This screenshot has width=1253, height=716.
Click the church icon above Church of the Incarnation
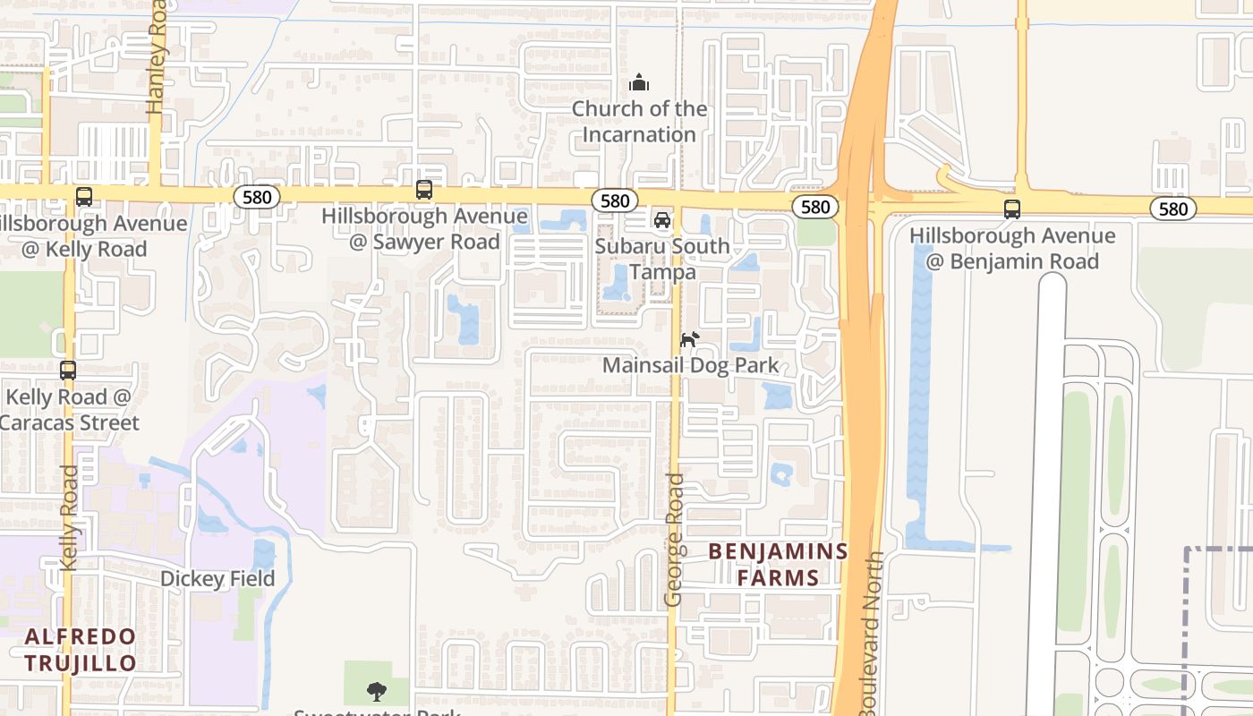639,83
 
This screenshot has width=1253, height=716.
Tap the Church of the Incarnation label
639,122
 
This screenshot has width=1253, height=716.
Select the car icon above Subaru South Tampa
662,220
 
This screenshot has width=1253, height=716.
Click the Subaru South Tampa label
662,259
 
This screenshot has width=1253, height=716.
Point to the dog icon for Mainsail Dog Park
689,340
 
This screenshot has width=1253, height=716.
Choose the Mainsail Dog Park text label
690,366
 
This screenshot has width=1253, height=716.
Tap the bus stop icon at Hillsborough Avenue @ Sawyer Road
424,190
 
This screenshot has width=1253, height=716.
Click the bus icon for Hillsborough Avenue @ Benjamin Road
1012,209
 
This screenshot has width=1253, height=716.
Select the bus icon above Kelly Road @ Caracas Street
68,371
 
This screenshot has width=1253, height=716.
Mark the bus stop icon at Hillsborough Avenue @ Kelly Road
84,197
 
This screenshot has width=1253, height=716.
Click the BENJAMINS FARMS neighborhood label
778,565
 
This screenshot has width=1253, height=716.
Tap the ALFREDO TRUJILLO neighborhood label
81,650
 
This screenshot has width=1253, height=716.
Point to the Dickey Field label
217,579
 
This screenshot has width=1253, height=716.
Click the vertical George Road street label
675,540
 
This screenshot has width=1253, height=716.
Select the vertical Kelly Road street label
69,517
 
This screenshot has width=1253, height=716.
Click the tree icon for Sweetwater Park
377,691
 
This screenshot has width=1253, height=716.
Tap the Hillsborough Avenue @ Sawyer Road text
424,229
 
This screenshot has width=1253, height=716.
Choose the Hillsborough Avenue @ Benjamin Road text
1012,249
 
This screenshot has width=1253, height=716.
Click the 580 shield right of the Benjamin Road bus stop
1172,209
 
